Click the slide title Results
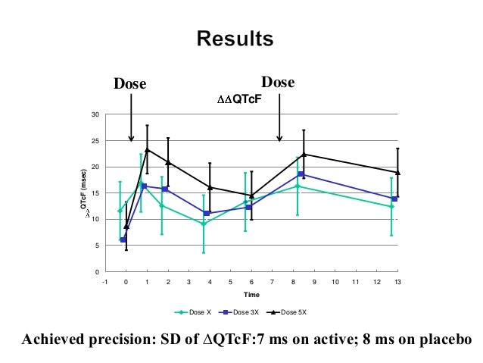[235, 38]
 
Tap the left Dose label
[129, 84]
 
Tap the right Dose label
[277, 83]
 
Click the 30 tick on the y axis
[95, 115]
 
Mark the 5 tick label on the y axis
[97, 246]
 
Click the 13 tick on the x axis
[397, 281]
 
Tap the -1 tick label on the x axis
[105, 281]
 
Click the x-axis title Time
[251, 294]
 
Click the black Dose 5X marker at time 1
[147, 150]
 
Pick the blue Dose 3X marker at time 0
[123, 239]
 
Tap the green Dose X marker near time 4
[203, 224]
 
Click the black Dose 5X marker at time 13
[397, 173]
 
